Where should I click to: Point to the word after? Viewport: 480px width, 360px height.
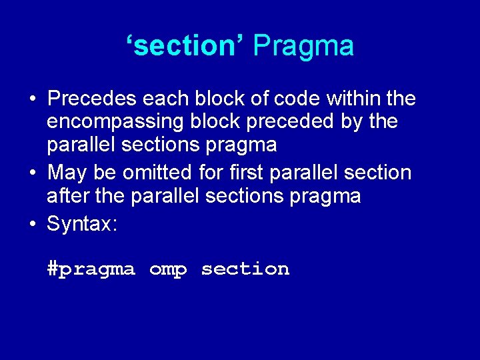click(69, 196)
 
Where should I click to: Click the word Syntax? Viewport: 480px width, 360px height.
click(82, 224)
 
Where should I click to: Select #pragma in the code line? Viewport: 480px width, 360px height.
click(91, 269)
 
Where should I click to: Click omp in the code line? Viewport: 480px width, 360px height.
click(168, 270)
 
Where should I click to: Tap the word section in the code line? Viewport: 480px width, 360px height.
click(245, 269)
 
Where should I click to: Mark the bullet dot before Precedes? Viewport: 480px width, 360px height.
click(32, 99)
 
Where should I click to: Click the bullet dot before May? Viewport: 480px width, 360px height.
click(32, 173)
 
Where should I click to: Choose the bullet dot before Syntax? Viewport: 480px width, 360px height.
click(32, 224)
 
